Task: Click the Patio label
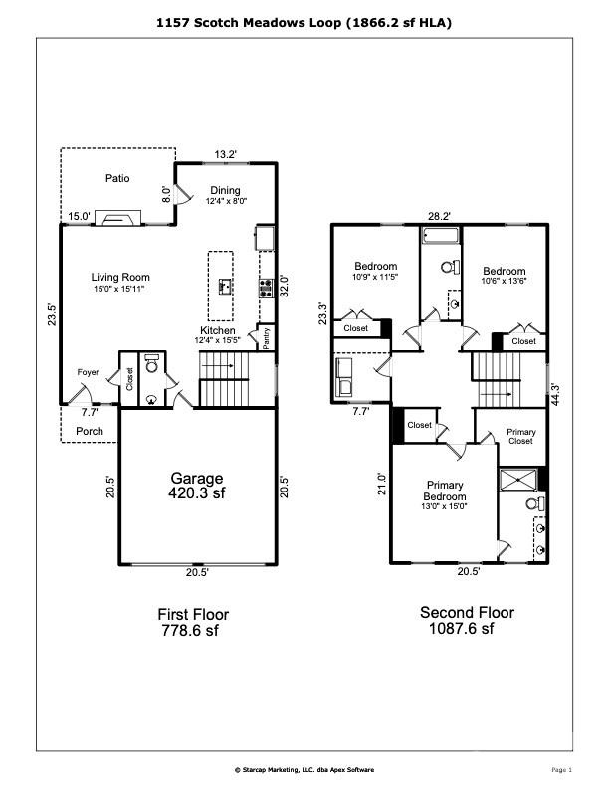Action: (x=117, y=178)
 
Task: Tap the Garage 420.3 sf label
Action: (x=196, y=486)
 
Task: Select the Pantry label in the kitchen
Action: (x=267, y=338)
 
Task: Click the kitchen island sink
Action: (x=226, y=287)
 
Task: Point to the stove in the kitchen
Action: (x=266, y=289)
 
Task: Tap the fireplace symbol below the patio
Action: (x=118, y=218)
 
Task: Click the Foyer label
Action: (x=88, y=372)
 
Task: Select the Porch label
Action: (x=90, y=431)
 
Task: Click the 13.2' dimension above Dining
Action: (x=225, y=155)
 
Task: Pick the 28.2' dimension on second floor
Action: (x=439, y=216)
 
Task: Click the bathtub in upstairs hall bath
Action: (x=441, y=236)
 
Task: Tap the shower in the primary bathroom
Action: (x=518, y=480)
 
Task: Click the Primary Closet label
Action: (x=521, y=436)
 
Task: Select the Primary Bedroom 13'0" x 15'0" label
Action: (x=445, y=495)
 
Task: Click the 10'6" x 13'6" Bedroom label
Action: (x=504, y=276)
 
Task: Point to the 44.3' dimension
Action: (x=555, y=395)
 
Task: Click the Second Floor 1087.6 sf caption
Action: (x=467, y=620)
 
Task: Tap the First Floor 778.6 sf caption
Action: (x=193, y=622)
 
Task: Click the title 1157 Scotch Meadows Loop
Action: (x=249, y=23)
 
